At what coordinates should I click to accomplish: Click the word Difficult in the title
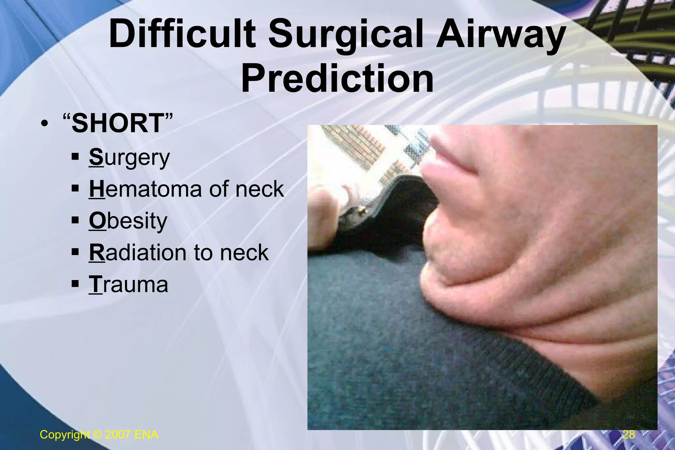point(182,35)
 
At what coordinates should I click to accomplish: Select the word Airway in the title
point(500,35)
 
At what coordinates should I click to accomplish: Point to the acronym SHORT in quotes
point(118,123)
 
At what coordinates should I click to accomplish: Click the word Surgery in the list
point(129,158)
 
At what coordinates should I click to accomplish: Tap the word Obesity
point(128,221)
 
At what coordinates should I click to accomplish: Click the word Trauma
point(129,284)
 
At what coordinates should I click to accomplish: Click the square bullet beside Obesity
point(75,220)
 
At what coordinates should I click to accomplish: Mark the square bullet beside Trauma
point(75,283)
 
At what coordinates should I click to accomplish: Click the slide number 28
point(629,435)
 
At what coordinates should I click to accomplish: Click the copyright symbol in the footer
point(98,435)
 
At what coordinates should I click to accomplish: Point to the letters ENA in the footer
point(146,435)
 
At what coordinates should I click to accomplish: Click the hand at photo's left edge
point(325,214)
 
